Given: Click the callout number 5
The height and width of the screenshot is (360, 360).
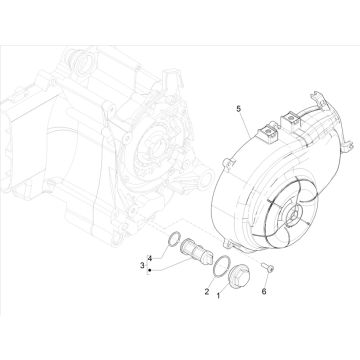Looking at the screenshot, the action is click(238, 109).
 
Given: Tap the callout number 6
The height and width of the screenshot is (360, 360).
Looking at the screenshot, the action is click(264, 292).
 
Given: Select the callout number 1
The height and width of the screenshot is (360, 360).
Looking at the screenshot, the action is click(218, 295).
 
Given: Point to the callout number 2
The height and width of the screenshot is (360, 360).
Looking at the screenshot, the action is click(207, 292).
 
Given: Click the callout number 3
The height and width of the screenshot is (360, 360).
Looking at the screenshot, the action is click(142, 265).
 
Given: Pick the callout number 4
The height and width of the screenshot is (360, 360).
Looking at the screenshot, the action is click(150, 258).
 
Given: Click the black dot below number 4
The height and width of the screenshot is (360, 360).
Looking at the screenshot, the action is click(150, 270).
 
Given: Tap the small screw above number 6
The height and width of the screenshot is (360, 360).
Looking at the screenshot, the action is click(267, 267).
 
